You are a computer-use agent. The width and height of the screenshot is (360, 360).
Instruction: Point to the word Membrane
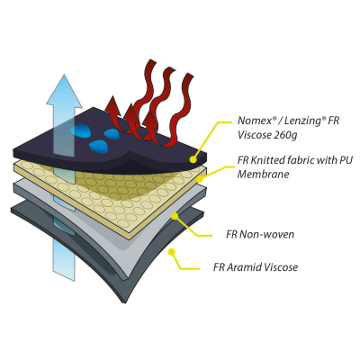pos(264,175)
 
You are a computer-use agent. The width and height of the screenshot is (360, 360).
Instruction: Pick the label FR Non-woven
pos(260,234)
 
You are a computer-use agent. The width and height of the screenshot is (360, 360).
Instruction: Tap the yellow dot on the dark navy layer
pos(193,159)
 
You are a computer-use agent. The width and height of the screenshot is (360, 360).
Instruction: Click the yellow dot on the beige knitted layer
pos(200,179)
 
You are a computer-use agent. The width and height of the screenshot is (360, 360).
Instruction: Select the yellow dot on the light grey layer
pos(175,215)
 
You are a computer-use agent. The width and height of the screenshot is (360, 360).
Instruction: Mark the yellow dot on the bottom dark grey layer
pos(171,252)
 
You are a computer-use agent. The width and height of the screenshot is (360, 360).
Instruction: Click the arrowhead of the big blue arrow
pos(64,90)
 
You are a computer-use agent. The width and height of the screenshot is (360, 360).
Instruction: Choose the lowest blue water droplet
pos(98,146)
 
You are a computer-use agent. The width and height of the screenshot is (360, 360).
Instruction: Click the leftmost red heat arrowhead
pos(112,104)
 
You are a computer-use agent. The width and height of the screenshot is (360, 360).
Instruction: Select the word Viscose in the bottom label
pos(280,267)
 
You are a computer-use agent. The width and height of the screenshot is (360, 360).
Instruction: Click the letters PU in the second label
pos(346,160)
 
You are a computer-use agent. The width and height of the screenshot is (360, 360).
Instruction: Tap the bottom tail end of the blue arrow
pos(64,275)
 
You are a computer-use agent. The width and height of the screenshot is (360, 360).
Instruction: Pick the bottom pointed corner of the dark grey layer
pos(124,302)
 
